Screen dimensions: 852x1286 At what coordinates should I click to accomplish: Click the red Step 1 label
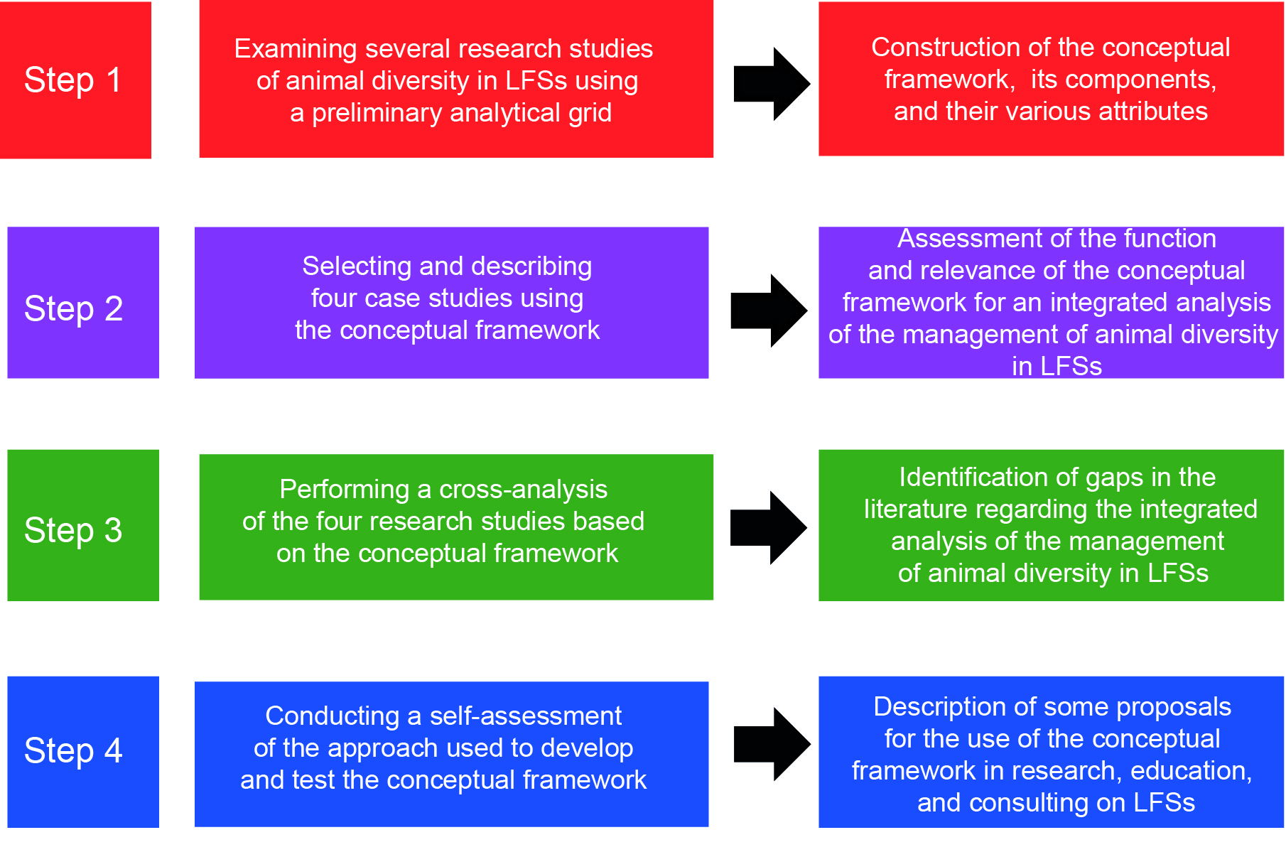(74, 80)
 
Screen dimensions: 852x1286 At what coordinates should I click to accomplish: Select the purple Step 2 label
(74, 308)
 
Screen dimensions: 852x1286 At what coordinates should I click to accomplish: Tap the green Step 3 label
(74, 530)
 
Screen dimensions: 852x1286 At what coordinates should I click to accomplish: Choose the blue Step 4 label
(74, 750)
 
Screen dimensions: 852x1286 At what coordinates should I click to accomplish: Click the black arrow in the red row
(772, 84)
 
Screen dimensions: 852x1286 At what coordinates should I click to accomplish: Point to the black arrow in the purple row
(769, 311)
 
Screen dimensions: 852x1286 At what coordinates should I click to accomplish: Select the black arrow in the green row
(769, 528)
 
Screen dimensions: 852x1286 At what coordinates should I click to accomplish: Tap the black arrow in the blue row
(772, 744)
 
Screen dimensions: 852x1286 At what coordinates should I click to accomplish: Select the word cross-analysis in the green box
(523, 489)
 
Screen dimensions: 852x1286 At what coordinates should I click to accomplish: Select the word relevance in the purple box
(976, 271)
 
